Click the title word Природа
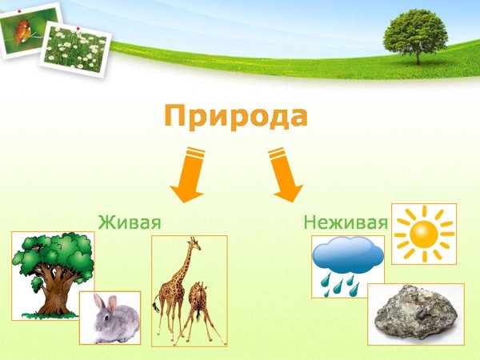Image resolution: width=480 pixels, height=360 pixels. point(235,118)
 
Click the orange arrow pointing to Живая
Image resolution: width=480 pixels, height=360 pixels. point(190,174)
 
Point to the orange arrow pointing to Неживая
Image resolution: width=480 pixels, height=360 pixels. point(283,174)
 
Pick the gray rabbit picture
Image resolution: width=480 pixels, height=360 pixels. point(110,318)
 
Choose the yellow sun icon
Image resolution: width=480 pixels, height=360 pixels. point(425,234)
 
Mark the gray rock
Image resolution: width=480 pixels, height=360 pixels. point(415,314)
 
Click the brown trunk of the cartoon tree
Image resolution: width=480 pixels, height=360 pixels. point(54,294)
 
